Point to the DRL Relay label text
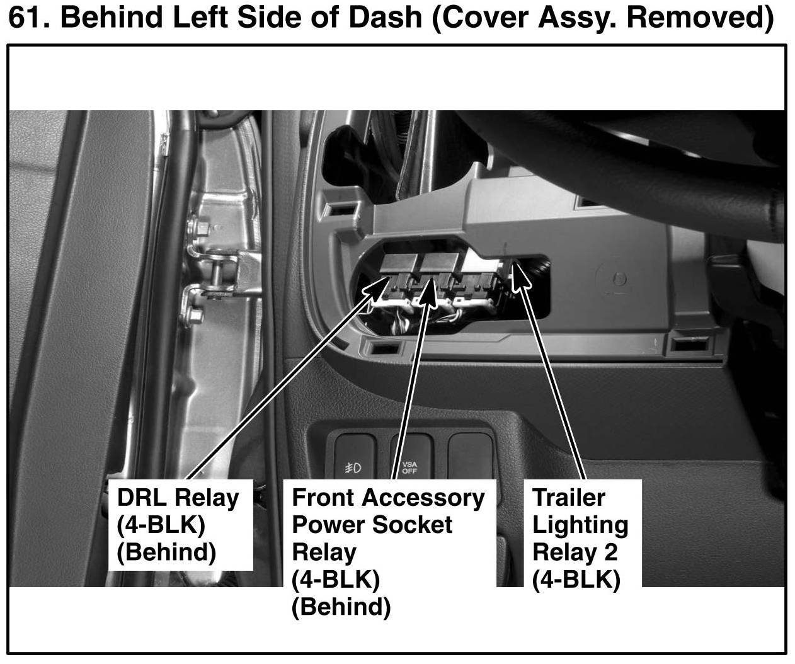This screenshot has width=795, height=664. [x=178, y=498]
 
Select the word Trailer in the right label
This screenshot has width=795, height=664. [x=568, y=498]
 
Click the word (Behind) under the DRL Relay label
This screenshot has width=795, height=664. [x=166, y=552]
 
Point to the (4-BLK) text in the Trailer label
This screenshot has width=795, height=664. [x=576, y=579]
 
